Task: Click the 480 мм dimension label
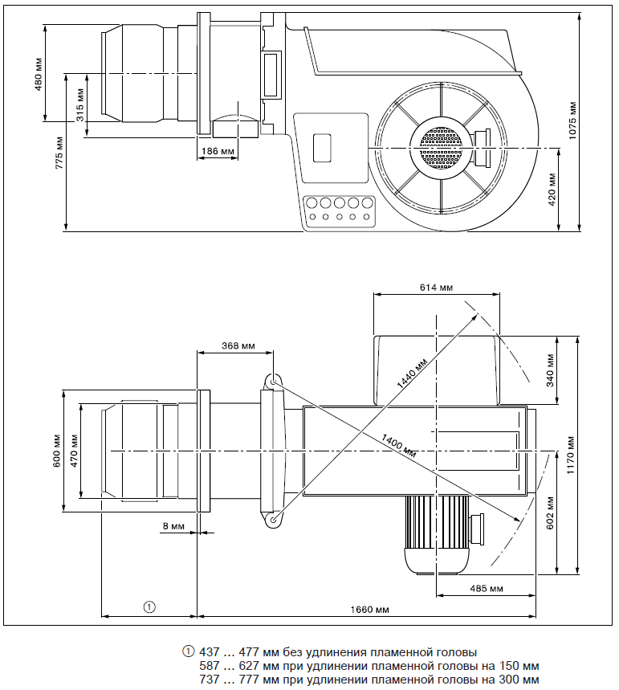[38, 73]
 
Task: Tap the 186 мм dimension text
[218, 151]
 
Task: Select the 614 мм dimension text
[435, 287]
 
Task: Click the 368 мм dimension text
[238, 345]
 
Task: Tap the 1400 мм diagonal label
[398, 439]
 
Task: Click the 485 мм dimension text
[485, 589]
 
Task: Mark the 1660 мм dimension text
[370, 610]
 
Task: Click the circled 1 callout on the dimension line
[149, 606]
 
